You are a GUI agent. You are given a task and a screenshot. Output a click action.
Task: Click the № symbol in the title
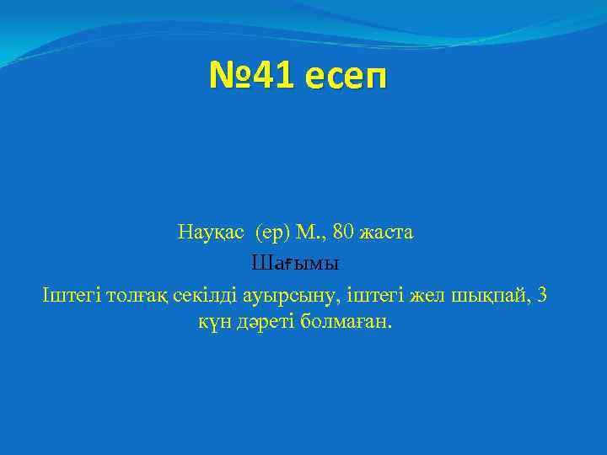pos(231,78)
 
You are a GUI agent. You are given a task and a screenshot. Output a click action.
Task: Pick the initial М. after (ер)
pos(305,232)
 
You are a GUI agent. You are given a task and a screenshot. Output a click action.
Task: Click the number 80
pos(343,232)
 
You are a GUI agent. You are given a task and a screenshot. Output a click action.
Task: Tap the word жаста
pos(387,232)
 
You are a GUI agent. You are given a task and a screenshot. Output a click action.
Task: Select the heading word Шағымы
pos(295,264)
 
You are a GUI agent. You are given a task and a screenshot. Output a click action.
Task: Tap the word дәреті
pos(266,324)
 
